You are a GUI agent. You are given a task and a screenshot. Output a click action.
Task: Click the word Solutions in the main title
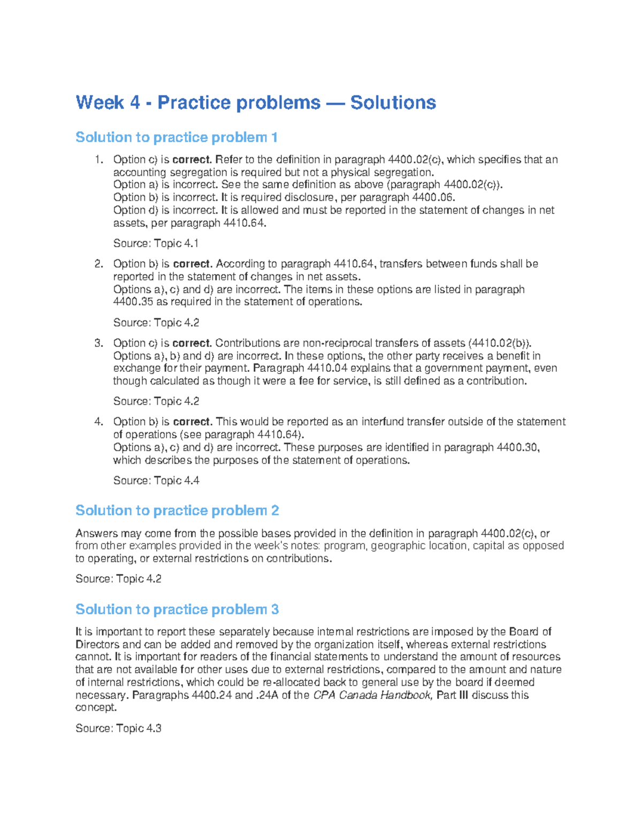pos(393,102)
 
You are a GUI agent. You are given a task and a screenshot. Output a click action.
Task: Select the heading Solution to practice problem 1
pos(177,138)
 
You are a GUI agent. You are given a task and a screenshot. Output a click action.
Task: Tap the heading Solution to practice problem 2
pos(177,510)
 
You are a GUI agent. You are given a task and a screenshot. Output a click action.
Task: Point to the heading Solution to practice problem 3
pos(177,609)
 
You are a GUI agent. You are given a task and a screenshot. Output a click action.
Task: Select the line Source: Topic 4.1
pos(156,243)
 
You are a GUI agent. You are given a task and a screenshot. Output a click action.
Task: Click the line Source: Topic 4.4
pos(156,481)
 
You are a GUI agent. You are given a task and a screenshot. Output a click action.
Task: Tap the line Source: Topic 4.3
pos(118,728)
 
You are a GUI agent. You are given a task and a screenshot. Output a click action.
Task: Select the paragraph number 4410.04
pos(327,368)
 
